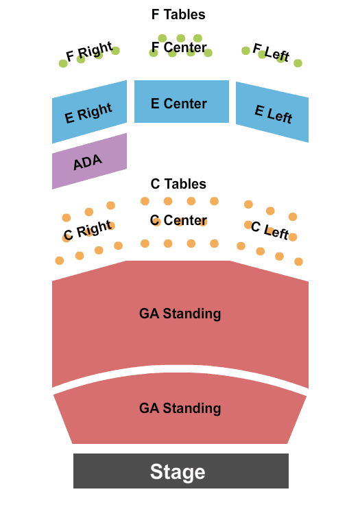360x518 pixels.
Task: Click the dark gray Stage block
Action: point(180,471)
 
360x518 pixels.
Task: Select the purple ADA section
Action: point(89,161)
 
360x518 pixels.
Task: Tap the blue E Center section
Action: point(182,102)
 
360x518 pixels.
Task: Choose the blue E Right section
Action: point(89,112)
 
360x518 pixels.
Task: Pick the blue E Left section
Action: point(272,112)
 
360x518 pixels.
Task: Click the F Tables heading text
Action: point(178,14)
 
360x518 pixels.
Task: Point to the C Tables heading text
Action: point(178,184)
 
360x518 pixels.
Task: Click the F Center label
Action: point(179,47)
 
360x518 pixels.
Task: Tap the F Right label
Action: point(89,51)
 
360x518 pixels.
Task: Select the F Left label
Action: point(271,52)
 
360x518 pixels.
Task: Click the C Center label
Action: point(178,220)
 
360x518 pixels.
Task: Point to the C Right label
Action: point(88,231)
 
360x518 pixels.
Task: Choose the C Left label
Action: point(270,231)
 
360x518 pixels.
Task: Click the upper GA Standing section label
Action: point(180,314)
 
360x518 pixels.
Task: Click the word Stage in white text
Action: point(178,471)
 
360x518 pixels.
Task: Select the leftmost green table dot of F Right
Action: point(63,63)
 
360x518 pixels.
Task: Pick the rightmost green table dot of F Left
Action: point(298,63)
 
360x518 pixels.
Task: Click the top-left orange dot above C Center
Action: point(145,201)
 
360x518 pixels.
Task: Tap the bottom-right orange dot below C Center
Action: point(215,244)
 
